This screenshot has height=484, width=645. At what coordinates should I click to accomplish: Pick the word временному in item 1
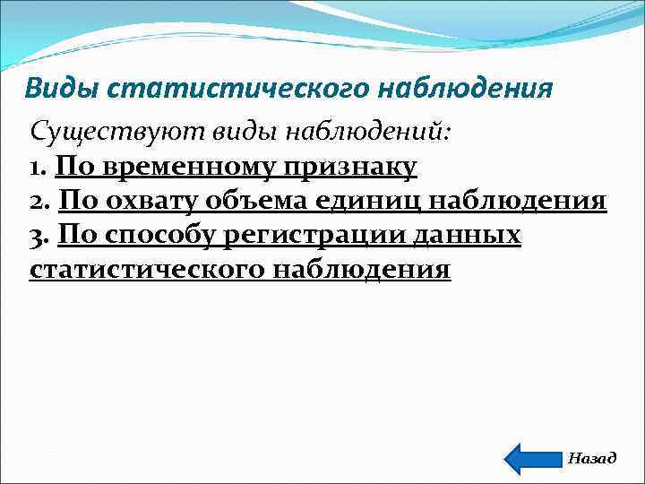(x=187, y=167)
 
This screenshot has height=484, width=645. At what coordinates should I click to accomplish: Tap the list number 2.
(x=39, y=201)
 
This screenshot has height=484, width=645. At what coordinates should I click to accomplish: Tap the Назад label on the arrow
(x=591, y=458)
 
